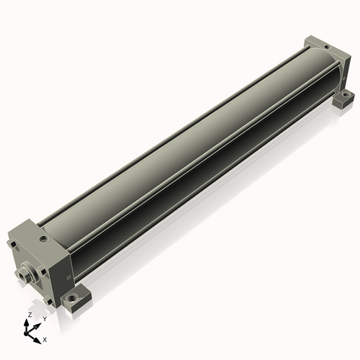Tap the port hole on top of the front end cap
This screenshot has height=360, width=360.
(x=44, y=239)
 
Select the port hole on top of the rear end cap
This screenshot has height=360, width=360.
(x=327, y=47)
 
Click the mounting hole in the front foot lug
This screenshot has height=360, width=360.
(x=72, y=299)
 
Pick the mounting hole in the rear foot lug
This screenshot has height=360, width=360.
(x=346, y=95)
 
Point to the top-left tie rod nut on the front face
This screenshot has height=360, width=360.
(x=13, y=244)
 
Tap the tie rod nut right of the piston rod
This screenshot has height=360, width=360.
(x=43, y=272)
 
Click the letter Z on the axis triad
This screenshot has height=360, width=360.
(x=30, y=315)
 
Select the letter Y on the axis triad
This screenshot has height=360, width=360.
(x=45, y=319)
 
